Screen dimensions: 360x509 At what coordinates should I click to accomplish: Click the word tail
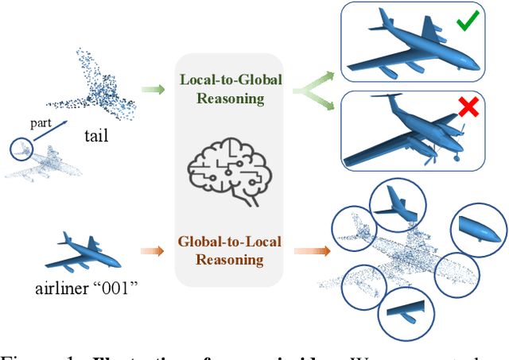pyautogui.click(x=95, y=135)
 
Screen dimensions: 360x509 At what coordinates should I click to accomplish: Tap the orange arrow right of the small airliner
pyautogui.click(x=153, y=252)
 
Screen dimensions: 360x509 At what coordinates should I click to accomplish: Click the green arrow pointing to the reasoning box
pyautogui.click(x=153, y=90)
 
